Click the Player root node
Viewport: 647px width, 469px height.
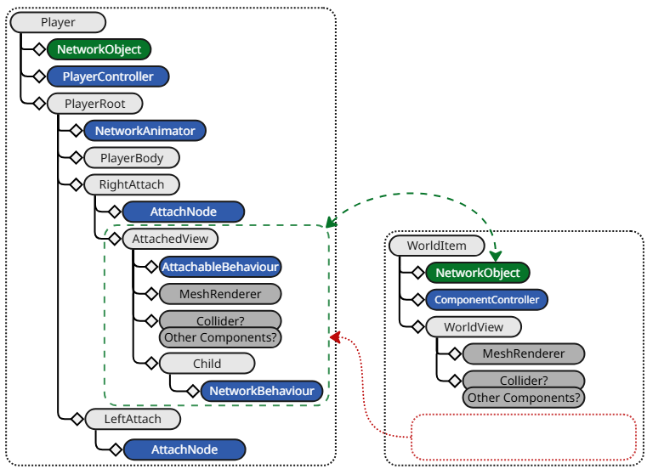point(58,23)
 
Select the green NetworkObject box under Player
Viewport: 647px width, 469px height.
point(99,49)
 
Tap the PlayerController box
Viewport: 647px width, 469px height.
point(108,76)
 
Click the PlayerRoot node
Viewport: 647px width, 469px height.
point(94,104)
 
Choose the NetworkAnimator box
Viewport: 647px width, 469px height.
point(145,131)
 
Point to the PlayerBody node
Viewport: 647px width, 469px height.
point(131,158)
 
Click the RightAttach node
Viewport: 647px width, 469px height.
point(131,184)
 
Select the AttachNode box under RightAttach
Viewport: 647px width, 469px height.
point(184,212)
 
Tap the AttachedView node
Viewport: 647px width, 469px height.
point(169,240)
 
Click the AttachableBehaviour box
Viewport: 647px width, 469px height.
point(220,267)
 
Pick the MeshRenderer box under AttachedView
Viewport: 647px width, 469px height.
point(220,294)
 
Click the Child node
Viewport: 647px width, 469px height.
point(207,364)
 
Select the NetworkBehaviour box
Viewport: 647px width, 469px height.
point(263,391)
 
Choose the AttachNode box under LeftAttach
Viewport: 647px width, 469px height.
point(184,449)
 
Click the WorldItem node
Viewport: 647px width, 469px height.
point(436,246)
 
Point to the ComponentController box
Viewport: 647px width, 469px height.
point(486,300)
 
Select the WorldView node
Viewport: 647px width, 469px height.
point(473,327)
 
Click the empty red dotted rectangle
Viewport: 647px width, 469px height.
point(524,437)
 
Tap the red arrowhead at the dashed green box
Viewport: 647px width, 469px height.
point(335,337)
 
